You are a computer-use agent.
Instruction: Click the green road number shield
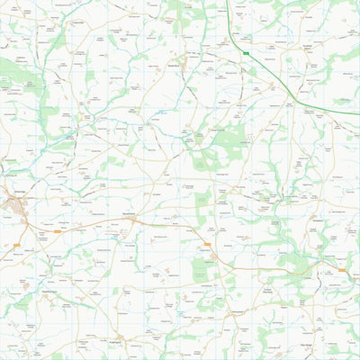[246, 54]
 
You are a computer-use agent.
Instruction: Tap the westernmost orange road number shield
[16, 245]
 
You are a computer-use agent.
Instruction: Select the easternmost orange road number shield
[341, 270]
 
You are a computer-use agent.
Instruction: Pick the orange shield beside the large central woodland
[207, 244]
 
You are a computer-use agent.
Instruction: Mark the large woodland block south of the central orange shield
[202, 268]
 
